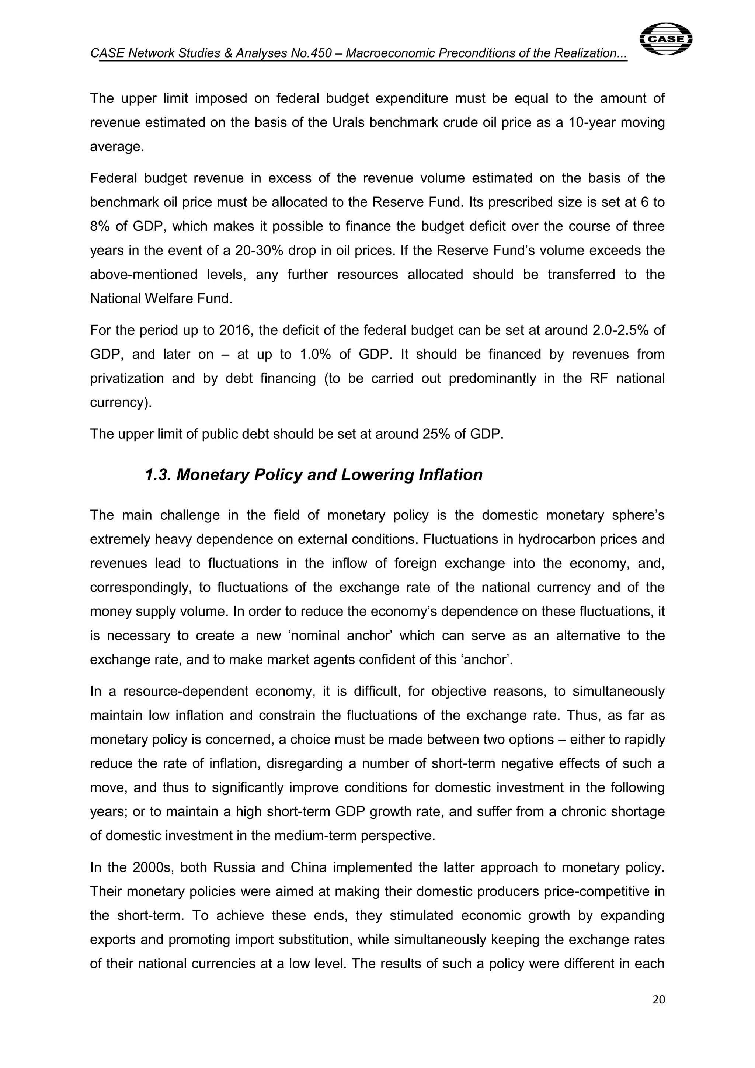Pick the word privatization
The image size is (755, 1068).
(x=126, y=378)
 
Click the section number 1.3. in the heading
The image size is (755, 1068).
(x=158, y=475)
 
